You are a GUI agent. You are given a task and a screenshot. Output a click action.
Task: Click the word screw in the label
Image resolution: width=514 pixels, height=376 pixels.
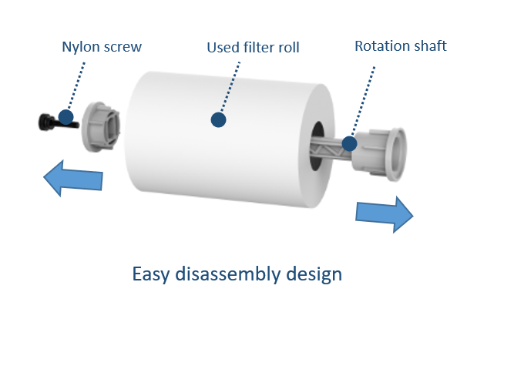[x=122, y=47]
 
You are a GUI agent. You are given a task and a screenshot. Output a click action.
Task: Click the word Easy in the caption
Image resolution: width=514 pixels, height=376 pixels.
[x=150, y=275]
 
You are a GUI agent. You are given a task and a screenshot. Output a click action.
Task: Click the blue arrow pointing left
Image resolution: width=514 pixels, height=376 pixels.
[x=72, y=179]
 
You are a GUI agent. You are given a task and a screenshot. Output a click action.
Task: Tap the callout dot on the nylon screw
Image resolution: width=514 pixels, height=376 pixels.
[x=66, y=118]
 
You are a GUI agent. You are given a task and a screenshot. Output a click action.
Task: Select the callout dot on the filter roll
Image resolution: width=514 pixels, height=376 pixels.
[x=219, y=120]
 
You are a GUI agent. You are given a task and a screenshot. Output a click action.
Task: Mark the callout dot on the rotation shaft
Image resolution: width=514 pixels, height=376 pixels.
[x=349, y=143]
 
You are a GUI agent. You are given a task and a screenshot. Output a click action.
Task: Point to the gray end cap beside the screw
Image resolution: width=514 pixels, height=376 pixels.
[x=102, y=123]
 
